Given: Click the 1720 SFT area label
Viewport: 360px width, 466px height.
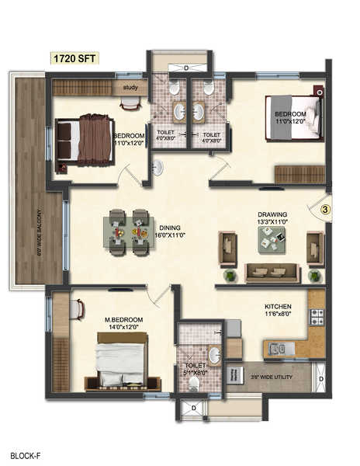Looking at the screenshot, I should (74, 58).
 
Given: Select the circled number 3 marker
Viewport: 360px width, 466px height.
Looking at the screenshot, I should (326, 208).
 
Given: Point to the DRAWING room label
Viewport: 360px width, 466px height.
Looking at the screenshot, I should (272, 214).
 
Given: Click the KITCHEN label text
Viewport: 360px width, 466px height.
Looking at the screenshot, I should (276, 306).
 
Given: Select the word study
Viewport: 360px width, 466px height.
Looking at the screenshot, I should (130, 88).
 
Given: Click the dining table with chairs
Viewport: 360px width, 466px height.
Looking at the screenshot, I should (128, 231).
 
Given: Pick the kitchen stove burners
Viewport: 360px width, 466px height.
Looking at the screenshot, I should (317, 317).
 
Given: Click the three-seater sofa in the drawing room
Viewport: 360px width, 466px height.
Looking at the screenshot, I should (272, 273).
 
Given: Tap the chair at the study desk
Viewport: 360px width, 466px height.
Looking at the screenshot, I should (130, 103).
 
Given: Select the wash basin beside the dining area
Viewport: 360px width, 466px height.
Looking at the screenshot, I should (157, 168).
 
